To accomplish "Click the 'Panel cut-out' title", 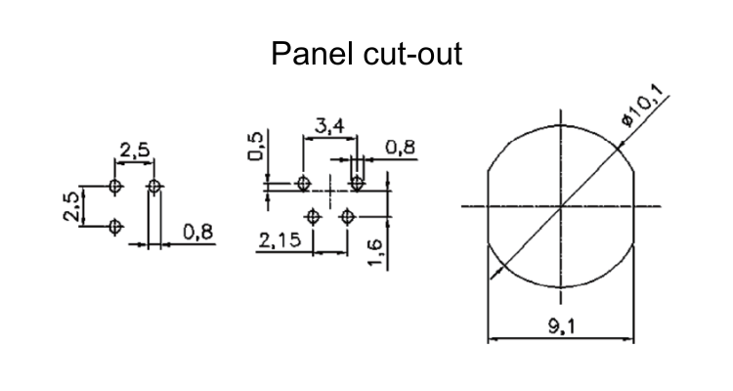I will pos(366,54).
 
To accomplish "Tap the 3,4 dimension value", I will pos(327,126).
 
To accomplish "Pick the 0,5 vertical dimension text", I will pos(256,150).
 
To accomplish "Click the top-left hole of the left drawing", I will pos(116,185).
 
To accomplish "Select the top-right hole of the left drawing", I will pos(153,185).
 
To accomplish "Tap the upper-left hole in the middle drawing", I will pos(304,183).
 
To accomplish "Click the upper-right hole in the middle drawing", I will pos(358,182).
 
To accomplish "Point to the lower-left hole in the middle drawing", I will pos(314,217).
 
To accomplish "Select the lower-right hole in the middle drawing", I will pos(347,217).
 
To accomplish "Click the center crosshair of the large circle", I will pos(560,206).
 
